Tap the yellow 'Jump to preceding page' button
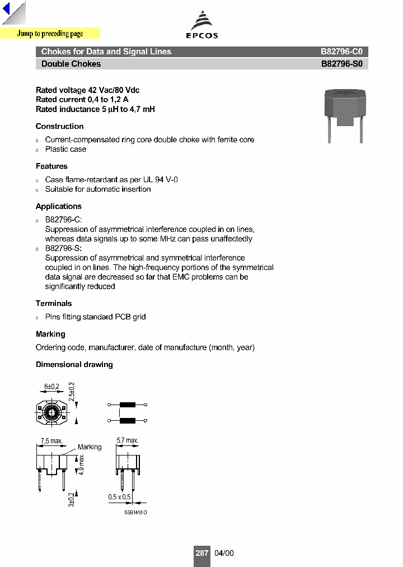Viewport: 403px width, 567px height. point(50,34)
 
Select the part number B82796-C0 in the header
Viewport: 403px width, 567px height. point(341,52)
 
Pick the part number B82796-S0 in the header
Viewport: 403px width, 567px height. point(341,64)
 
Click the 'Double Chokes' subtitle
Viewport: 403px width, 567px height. point(71,64)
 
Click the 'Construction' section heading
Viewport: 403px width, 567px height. point(59,127)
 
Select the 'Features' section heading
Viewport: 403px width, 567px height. point(51,166)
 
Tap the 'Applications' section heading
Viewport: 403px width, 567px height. point(59,207)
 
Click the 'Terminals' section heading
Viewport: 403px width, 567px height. point(54,304)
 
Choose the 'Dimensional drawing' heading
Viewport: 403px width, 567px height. point(74,365)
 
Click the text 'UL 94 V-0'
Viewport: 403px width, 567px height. point(162,180)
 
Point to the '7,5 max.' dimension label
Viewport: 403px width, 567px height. point(51,441)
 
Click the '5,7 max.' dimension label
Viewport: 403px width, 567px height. point(128,441)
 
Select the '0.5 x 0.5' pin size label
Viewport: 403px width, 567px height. point(120,497)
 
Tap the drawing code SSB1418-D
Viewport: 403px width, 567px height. point(135,513)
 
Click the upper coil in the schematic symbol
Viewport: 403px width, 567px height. point(128,405)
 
